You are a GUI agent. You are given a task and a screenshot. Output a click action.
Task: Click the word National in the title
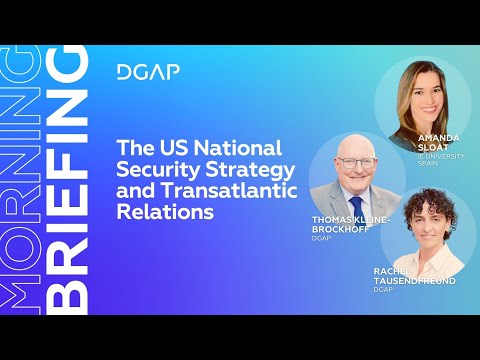click(x=252, y=148)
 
